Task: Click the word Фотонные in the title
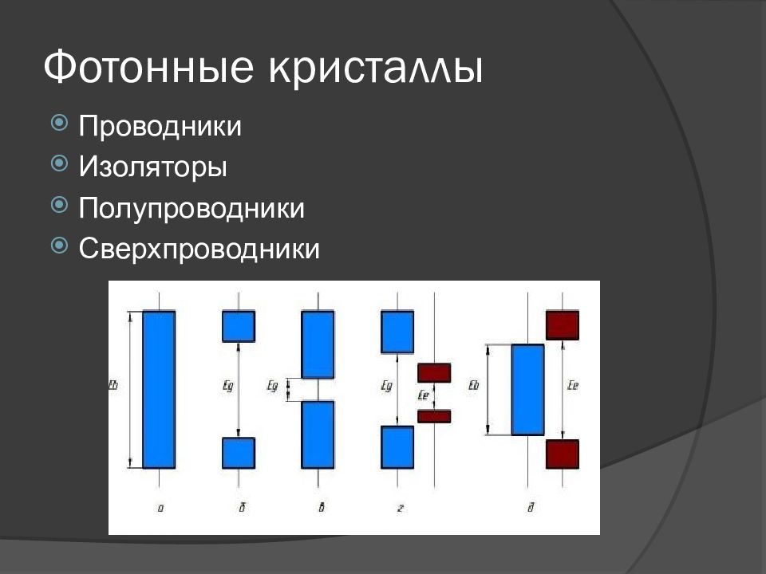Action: pyautogui.click(x=149, y=68)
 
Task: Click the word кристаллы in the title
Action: pyautogui.click(x=376, y=68)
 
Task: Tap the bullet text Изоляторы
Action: pyautogui.click(x=153, y=167)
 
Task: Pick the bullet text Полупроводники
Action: pyautogui.click(x=191, y=209)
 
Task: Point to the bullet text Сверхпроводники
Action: pyautogui.click(x=199, y=250)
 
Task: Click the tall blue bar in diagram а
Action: pyautogui.click(x=159, y=389)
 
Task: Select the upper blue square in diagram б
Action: pyautogui.click(x=238, y=326)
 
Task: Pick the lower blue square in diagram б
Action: pyautogui.click(x=238, y=452)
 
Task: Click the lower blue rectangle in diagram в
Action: pyautogui.click(x=318, y=434)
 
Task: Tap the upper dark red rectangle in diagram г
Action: pyautogui.click(x=434, y=373)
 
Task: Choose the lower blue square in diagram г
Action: pyautogui.click(x=397, y=447)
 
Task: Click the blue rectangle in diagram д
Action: pyautogui.click(x=527, y=389)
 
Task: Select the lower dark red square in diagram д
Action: pyautogui.click(x=562, y=454)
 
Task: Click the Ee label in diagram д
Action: pyautogui.click(x=572, y=386)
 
